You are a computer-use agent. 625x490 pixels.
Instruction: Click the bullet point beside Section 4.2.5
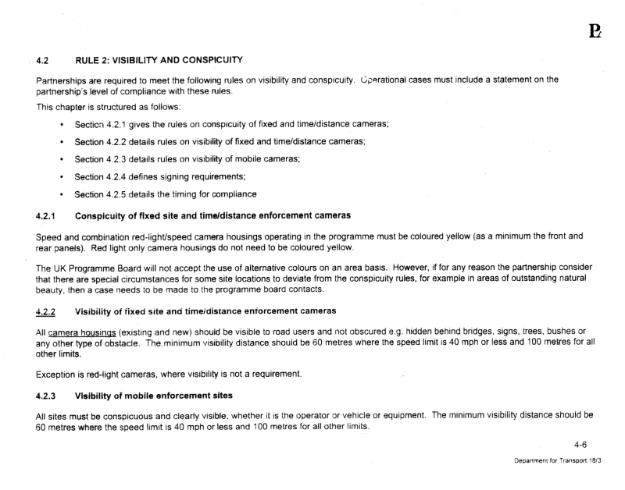(x=62, y=215)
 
